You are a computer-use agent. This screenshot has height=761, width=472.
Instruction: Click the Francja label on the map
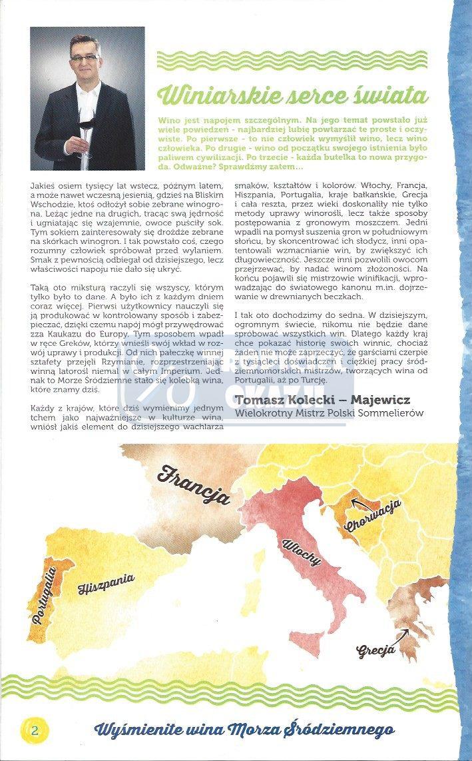[194, 485]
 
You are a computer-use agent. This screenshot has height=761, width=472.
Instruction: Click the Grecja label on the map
[376, 647]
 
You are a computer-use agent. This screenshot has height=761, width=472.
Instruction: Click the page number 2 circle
[34, 730]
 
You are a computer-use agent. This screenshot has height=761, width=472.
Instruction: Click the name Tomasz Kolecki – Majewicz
[322, 399]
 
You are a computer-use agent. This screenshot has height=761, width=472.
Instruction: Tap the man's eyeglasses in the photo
[85, 59]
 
